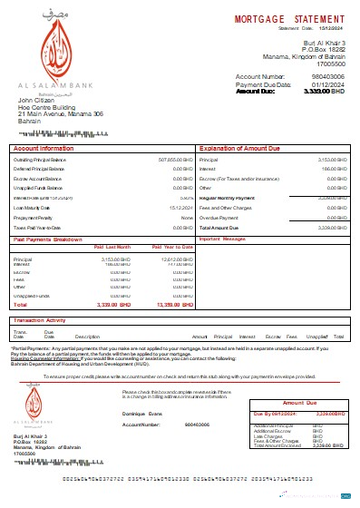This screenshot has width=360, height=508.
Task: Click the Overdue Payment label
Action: [x=218, y=218]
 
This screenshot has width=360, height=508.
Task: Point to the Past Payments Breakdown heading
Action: [x=55, y=239]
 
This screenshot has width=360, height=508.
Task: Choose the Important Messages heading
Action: [x=223, y=239]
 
